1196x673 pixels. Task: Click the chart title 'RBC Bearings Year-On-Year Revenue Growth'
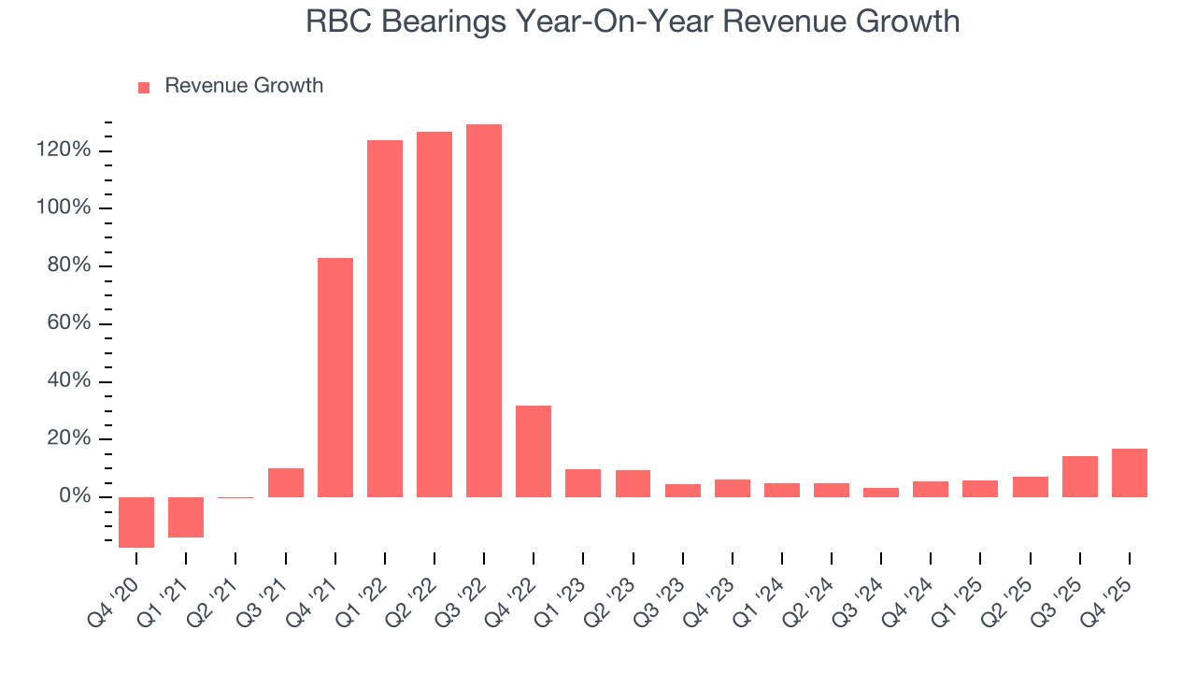click(x=633, y=21)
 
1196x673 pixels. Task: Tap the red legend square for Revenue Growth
click(x=144, y=87)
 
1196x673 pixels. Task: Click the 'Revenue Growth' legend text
click(x=244, y=86)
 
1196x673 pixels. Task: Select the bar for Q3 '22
click(x=484, y=310)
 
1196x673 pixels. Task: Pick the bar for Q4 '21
click(x=335, y=377)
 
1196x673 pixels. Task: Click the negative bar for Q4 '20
click(x=136, y=522)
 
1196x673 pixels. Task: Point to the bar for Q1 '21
click(x=186, y=517)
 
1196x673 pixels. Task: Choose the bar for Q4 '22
click(x=534, y=451)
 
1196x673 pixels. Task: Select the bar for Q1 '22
click(x=385, y=318)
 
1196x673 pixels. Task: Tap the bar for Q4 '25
click(x=1129, y=472)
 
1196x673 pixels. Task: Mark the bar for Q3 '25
click(x=1079, y=476)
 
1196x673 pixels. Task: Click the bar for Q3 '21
click(x=286, y=482)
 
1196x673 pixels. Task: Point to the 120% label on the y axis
click(x=64, y=150)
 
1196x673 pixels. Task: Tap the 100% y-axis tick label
click(x=64, y=208)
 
